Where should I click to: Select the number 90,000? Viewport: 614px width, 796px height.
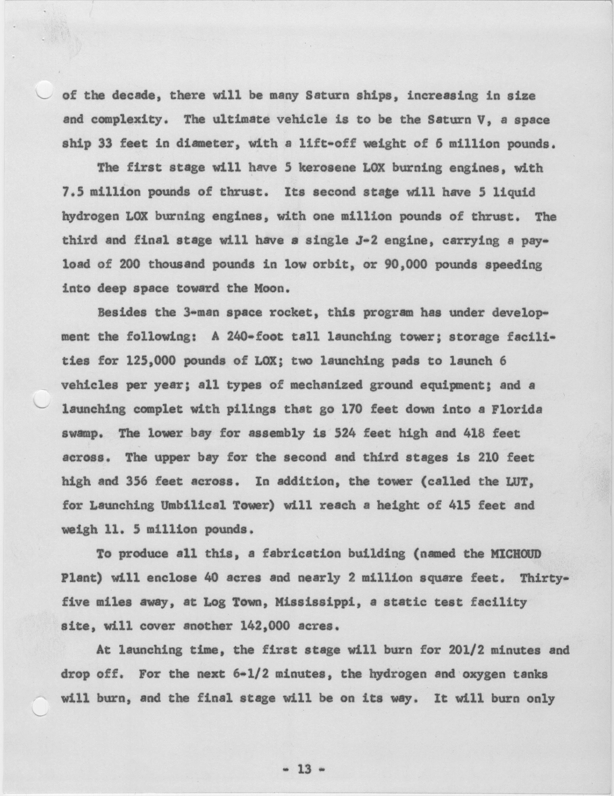coord(405,264)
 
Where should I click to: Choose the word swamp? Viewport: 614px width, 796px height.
coord(83,434)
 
